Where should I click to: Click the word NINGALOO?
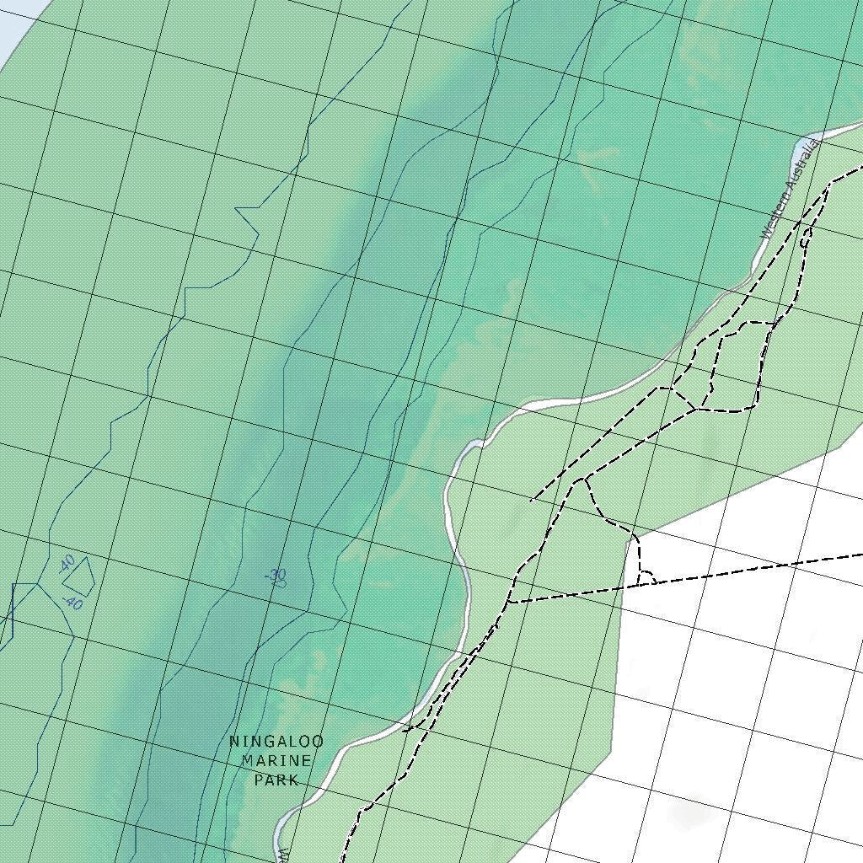[276, 742]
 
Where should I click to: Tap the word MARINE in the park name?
[276, 761]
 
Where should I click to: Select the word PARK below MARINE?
[276, 780]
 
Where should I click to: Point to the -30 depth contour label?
[276, 577]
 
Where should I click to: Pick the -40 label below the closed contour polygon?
[72, 603]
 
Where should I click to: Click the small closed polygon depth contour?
[79, 575]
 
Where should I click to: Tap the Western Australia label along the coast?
[789, 190]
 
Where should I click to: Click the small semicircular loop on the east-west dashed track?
[647, 577]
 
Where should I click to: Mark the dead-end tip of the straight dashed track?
[532, 501]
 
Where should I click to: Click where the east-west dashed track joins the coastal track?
[510, 602]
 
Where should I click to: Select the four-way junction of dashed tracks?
[696, 410]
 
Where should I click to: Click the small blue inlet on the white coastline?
[474, 444]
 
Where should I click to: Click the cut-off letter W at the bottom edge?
[284, 855]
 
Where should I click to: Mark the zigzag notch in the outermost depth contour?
[246, 219]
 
